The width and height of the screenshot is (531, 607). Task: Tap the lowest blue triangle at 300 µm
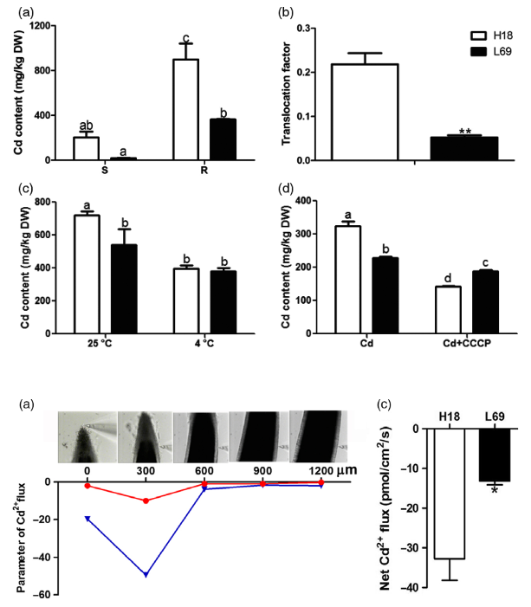click(146, 574)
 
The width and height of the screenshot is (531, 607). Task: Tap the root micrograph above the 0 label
click(87, 438)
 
